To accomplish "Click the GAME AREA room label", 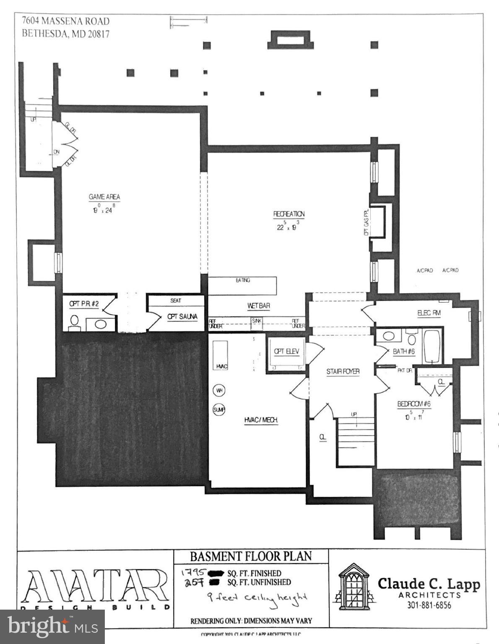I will (104, 197).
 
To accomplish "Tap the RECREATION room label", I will (289, 214).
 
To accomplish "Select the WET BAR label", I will (258, 306).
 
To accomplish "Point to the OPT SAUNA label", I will (182, 317).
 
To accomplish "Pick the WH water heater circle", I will (219, 390).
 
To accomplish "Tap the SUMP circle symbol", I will (219, 410).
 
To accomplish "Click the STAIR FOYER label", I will (343, 371).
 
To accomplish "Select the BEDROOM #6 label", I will (414, 404).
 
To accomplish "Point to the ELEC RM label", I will (429, 313).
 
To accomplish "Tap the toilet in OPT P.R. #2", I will (75, 322).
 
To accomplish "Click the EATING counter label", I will (243, 280).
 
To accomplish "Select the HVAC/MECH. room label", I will (261, 420).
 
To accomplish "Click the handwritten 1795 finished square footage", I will (194, 572).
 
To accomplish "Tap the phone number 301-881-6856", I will (429, 605).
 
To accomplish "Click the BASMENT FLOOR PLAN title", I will (251, 556).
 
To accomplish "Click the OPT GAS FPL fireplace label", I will (366, 222).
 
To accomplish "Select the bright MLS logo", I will (52, 626).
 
